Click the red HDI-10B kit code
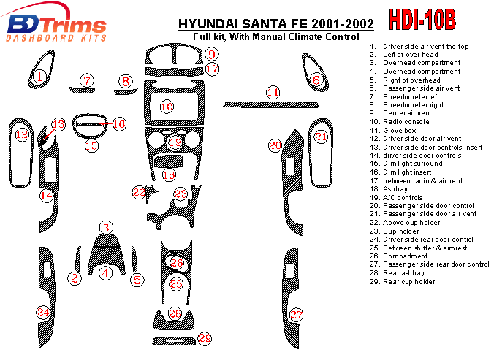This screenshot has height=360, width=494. click(422, 19)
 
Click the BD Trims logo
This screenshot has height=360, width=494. click(56, 23)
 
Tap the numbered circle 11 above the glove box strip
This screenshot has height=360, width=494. click(273, 92)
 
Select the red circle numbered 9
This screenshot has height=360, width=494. click(212, 54)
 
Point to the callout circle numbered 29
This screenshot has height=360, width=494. click(205, 339)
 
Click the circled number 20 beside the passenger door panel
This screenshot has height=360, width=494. click(275, 145)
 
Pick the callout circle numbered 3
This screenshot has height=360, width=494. click(106, 228)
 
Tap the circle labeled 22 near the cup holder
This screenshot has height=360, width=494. click(139, 192)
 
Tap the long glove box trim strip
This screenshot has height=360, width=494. click(270, 105)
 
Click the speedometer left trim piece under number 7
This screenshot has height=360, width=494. click(82, 91)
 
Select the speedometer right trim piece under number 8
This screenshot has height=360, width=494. click(126, 92)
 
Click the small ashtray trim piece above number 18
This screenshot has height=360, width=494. click(168, 161)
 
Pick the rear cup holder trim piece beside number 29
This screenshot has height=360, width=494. click(174, 341)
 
